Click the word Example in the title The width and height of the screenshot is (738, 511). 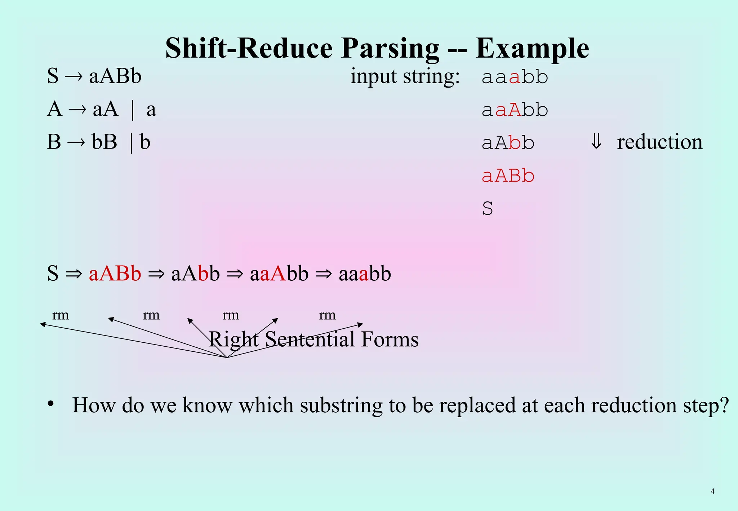coord(532,49)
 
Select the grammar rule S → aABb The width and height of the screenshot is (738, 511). coord(94,76)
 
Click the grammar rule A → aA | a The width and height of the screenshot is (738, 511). coord(101,109)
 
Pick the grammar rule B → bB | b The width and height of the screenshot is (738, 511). coord(98,142)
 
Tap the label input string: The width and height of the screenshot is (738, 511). coord(405,77)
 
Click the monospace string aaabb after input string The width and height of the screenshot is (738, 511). coord(515,77)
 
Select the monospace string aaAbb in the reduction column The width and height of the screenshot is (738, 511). coord(515,110)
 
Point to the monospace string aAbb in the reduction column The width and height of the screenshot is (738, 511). coord(508,143)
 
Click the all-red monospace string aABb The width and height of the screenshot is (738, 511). coord(508,176)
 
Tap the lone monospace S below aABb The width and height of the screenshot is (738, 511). coord(487,209)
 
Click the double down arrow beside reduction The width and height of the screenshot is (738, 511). coord(596,141)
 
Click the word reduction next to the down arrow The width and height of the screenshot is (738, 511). coord(659,142)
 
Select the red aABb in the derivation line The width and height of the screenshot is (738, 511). coord(115,274)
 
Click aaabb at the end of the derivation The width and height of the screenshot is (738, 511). coord(364,274)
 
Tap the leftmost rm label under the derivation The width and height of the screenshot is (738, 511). coord(61,315)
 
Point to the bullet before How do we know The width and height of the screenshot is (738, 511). coord(51,404)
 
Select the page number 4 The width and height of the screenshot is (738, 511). coord(712,491)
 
